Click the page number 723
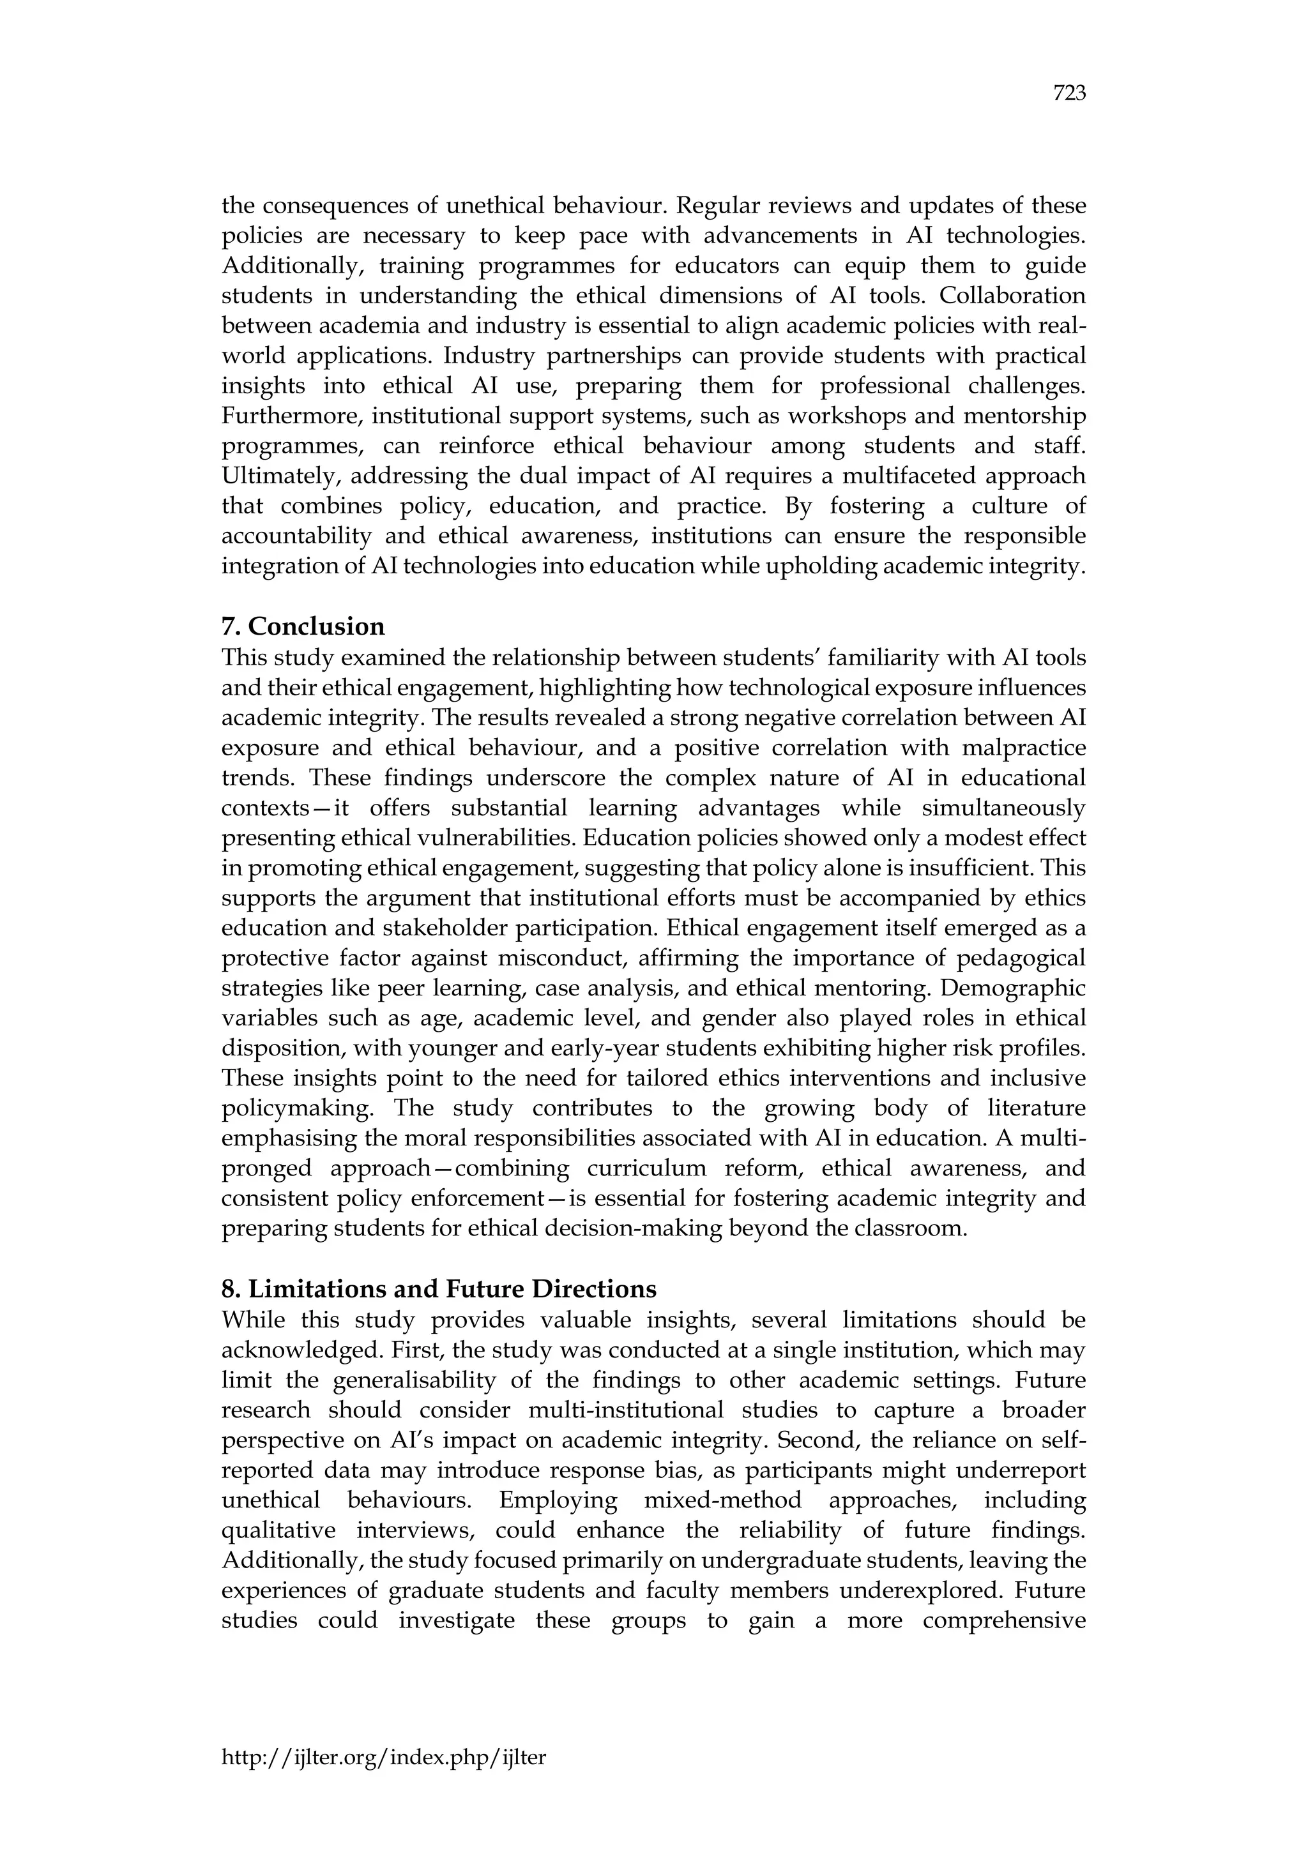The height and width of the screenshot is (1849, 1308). click(x=1068, y=94)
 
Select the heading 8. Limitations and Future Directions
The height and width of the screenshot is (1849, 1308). click(x=439, y=1288)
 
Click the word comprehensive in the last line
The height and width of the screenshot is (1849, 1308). click(x=1003, y=1620)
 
